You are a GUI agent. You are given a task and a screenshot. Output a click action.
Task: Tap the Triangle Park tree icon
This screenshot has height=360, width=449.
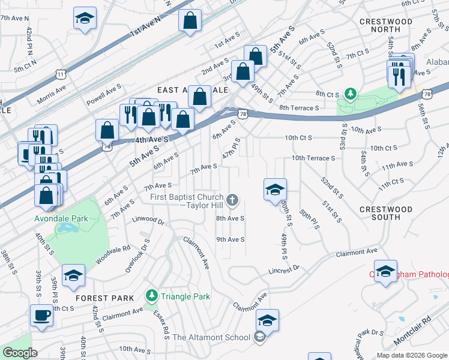[x=152, y=295]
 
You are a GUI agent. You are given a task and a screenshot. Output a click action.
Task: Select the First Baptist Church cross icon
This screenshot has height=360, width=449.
[x=233, y=199]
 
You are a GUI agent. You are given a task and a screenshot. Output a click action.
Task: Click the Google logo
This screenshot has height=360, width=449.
[x=20, y=353]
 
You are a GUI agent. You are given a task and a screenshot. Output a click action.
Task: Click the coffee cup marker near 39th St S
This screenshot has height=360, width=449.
[x=42, y=316]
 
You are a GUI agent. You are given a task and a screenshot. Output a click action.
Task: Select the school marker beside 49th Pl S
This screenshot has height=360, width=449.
[x=275, y=190]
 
